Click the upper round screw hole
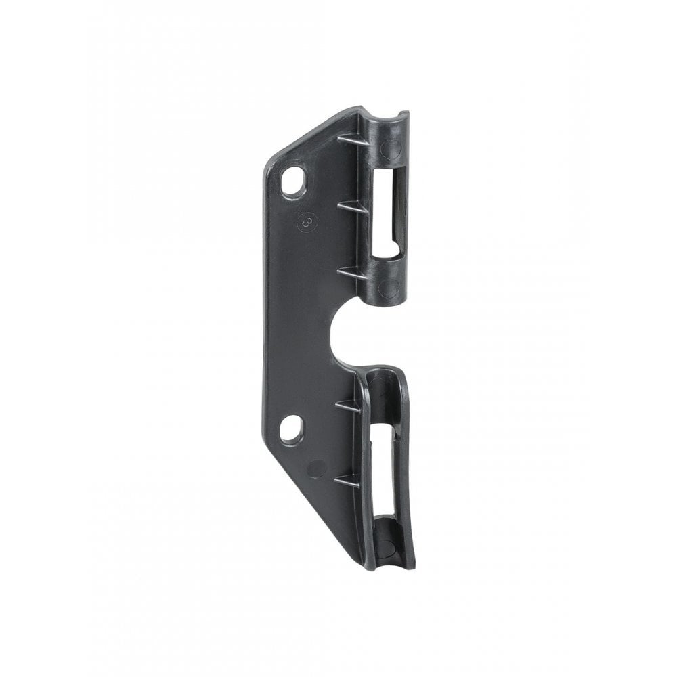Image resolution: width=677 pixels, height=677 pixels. click(293, 181)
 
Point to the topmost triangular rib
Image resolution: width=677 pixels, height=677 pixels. click(348, 139)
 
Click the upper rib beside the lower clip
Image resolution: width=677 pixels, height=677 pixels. click(348, 406)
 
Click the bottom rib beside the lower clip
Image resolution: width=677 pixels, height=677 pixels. click(347, 481)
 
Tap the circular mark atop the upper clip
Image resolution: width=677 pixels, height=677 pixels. click(391, 147)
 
